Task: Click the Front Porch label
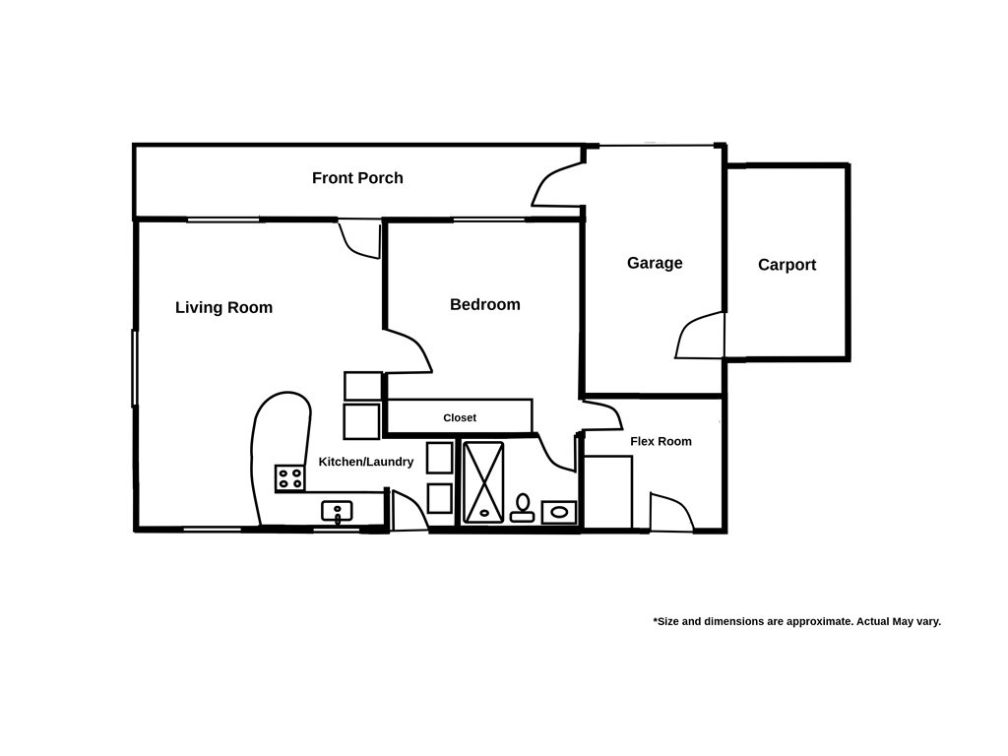click(357, 178)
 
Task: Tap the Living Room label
click(223, 307)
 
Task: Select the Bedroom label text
click(484, 305)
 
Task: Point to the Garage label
click(655, 263)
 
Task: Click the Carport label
click(787, 265)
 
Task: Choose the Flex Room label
click(661, 441)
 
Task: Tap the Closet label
click(459, 417)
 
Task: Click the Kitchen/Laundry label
click(365, 462)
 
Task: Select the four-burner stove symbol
click(289, 478)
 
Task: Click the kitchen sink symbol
click(337, 512)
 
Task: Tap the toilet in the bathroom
click(523, 507)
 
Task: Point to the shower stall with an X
click(483, 481)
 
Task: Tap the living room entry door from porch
click(360, 238)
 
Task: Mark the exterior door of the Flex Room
click(670, 513)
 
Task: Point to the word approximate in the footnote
click(820, 621)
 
